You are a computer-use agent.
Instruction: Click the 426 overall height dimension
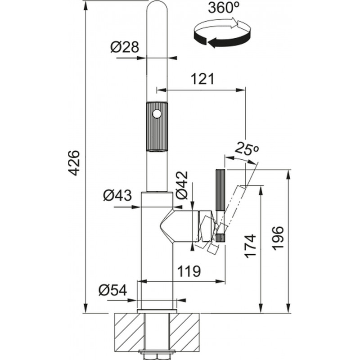pos(75,163)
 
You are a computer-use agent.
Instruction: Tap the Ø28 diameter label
pos(125,47)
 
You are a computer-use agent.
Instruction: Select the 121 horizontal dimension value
pos(202,79)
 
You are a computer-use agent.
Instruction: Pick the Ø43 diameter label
pos(117,195)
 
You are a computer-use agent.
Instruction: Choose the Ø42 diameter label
pos(182,185)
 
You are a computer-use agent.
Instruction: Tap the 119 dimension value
pos(189,271)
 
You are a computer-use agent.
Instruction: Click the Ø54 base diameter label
pos(112,290)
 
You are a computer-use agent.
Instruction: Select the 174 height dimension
pos(250,246)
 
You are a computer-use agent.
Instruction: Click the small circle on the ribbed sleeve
pos(157,114)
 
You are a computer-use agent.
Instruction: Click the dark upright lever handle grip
pos(220,190)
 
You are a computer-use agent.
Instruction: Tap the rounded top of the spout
pos(157,7)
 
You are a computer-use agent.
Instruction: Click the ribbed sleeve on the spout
pos(157,126)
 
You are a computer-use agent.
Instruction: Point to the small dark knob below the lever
pos(220,238)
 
